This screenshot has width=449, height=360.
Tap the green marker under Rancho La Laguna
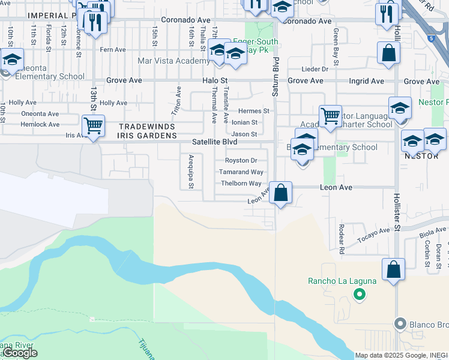coord(359,294)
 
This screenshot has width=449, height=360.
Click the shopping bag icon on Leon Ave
coord(280,194)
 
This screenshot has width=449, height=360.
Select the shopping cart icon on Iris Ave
coord(93,126)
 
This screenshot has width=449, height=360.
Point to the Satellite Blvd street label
coord(215,142)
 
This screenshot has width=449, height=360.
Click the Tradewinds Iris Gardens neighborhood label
coord(147,131)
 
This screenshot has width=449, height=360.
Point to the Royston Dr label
coord(241,160)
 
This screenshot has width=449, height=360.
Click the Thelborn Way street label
coord(241,184)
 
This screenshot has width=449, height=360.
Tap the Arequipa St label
coord(190,173)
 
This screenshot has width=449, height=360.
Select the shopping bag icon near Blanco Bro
coord(393,270)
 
